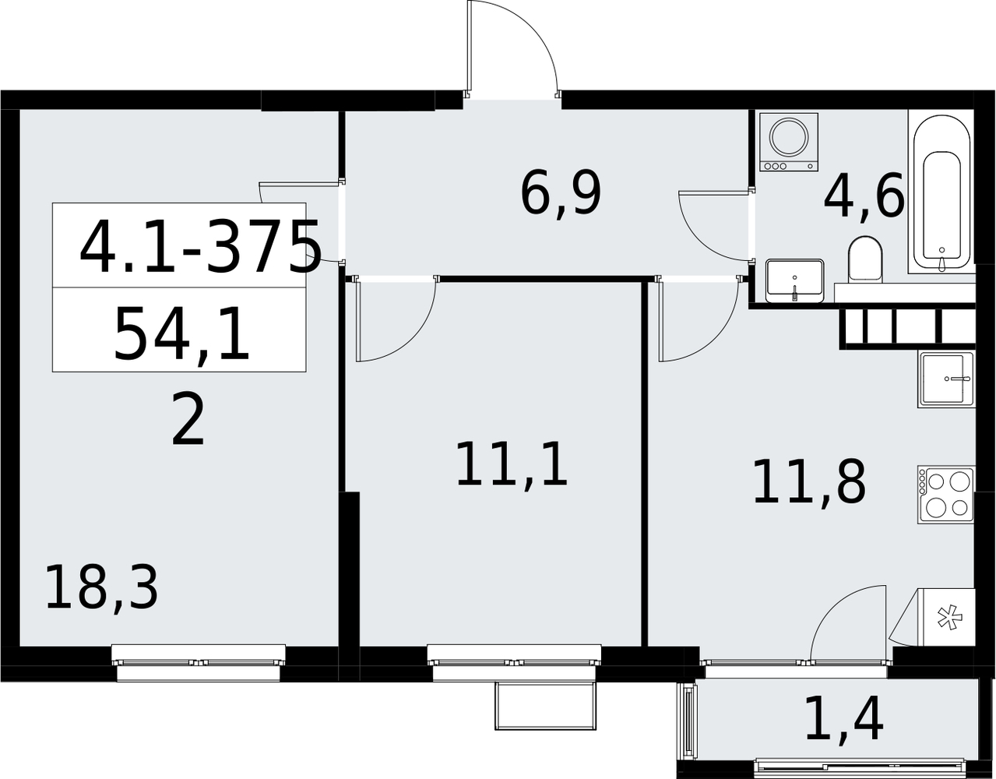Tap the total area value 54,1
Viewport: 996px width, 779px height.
click(181, 334)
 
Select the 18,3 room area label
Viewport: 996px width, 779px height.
click(101, 587)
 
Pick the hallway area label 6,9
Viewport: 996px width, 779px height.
click(561, 192)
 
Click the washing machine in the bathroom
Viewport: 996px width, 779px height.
click(788, 142)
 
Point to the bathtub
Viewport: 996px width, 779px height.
click(941, 193)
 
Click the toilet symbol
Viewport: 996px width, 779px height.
click(865, 259)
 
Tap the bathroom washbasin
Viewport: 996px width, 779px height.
click(794, 280)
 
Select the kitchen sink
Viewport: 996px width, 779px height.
click(946, 379)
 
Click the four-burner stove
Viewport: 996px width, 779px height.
click(946, 495)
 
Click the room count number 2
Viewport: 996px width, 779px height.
click(188, 421)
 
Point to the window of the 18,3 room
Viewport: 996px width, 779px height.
click(199, 663)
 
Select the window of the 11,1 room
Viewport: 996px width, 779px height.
click(514, 663)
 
